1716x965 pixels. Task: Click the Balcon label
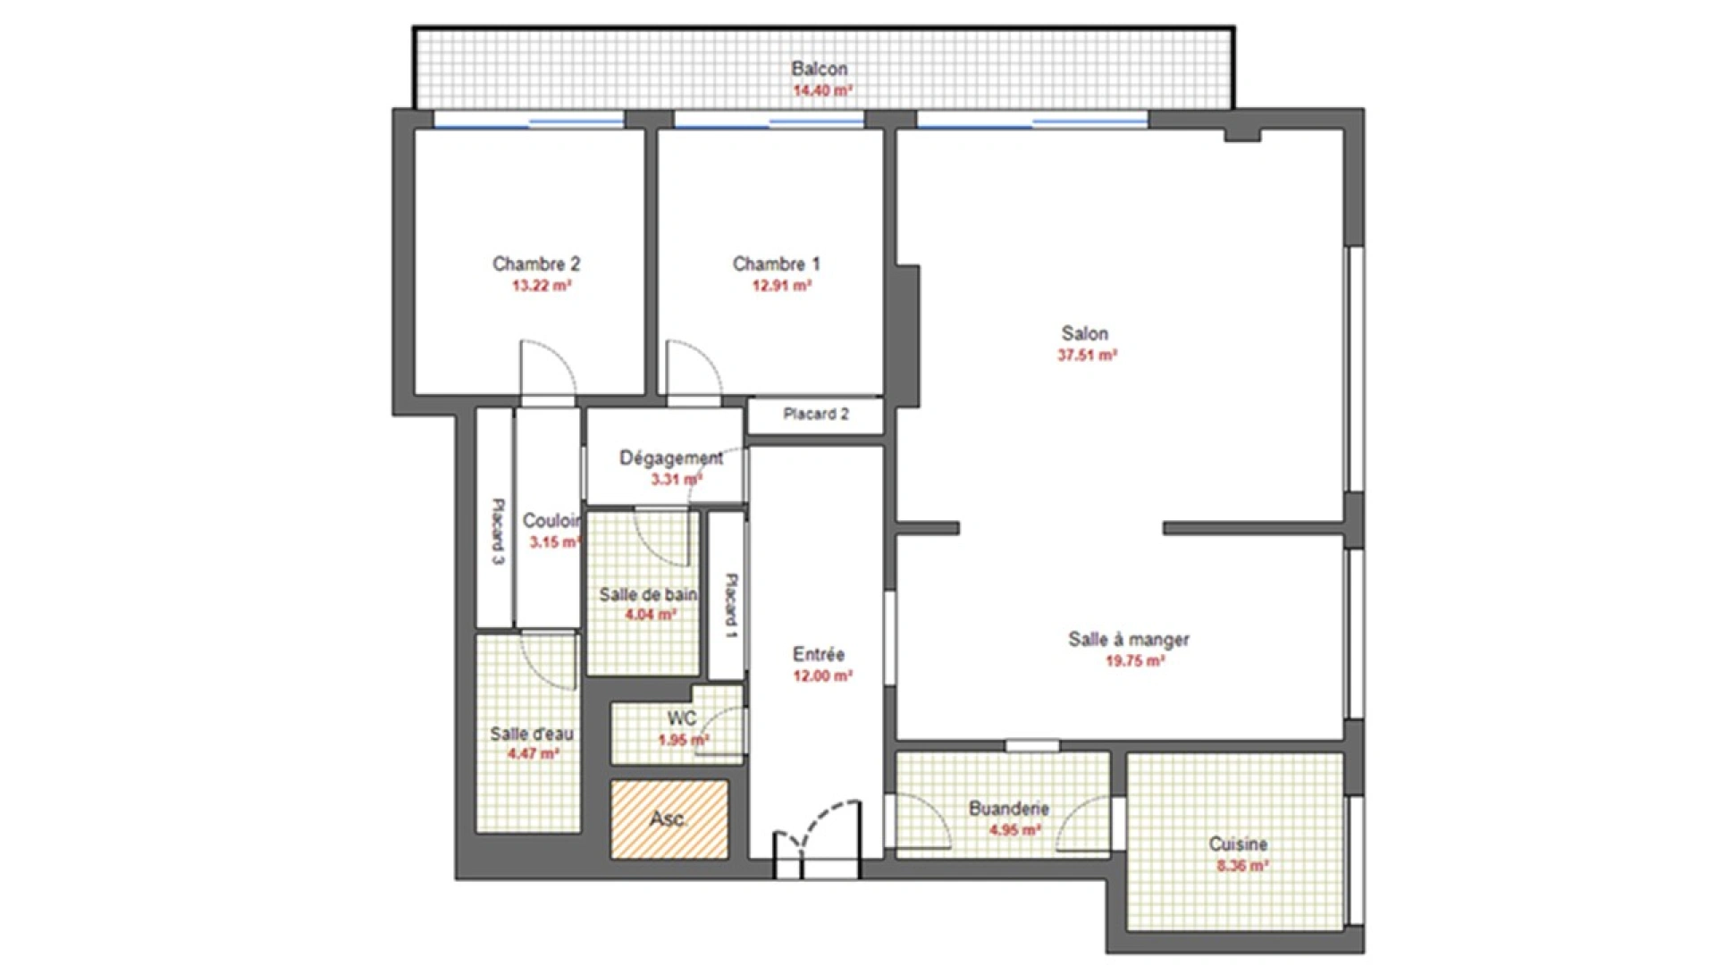click(x=819, y=69)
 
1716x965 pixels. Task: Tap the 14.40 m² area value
click(x=822, y=90)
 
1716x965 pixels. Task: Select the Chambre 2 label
click(x=536, y=264)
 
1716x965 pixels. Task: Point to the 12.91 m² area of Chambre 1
click(x=781, y=286)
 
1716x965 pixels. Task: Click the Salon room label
click(x=1084, y=333)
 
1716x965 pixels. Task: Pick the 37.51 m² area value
click(x=1087, y=355)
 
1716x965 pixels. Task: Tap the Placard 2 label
click(x=815, y=414)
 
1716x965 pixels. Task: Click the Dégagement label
click(x=670, y=457)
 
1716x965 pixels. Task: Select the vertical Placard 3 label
click(x=498, y=531)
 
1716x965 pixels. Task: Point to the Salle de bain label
click(x=648, y=594)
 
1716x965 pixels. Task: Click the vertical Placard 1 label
click(x=730, y=605)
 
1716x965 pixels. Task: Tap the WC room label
click(x=681, y=719)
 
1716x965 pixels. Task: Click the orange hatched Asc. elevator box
click(x=669, y=819)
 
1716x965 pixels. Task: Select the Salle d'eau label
click(x=531, y=734)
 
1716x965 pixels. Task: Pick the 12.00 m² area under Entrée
click(x=821, y=676)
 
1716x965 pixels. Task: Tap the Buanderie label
click(x=1008, y=809)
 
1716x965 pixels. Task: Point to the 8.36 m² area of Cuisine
click(x=1241, y=866)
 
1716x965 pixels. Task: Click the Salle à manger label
click(x=1128, y=640)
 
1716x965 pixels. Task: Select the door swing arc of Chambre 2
click(x=549, y=366)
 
